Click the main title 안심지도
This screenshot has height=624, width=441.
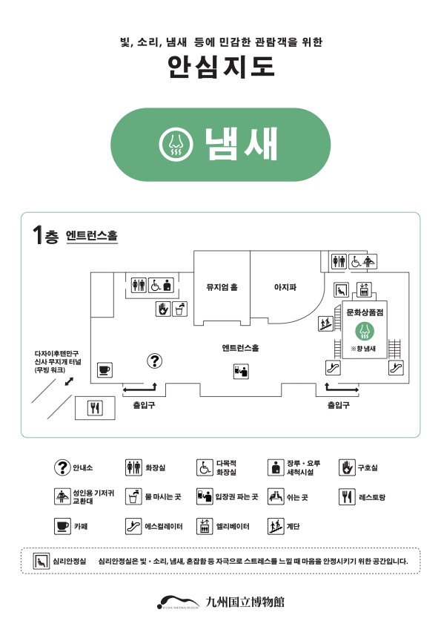221,67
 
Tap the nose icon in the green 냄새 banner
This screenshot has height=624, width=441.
176,144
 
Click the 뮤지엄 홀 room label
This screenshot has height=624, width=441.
222,287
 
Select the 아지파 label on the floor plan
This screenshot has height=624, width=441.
285,287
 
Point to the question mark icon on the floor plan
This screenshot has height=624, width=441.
155,361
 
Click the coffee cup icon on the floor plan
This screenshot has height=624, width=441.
105,370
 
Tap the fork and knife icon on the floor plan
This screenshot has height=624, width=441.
95,408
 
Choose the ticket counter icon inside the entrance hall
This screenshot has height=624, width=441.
241,371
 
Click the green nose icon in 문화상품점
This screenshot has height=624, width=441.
365,331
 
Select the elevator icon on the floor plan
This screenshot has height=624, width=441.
363,289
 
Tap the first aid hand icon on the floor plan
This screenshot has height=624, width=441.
162,309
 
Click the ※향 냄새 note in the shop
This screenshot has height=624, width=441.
363,349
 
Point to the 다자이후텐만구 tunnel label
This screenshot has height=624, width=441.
58,361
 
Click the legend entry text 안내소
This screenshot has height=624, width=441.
83,467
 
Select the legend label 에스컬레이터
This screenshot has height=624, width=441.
164,526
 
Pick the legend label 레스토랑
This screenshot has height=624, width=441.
372,497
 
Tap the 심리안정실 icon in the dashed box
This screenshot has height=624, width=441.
41,561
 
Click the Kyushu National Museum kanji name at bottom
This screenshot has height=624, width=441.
245,602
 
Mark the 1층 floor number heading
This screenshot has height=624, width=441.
45,234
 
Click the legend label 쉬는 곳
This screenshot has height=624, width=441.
297,497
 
